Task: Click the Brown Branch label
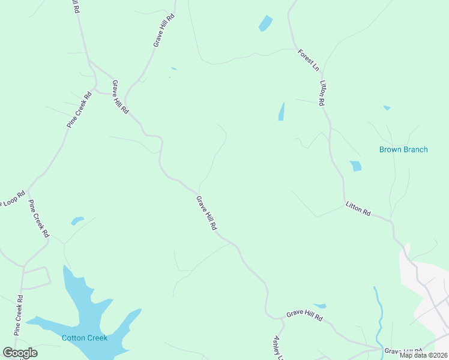point(403,149)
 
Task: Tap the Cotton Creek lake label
point(85,338)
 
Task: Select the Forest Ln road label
point(309,61)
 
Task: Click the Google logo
point(20,352)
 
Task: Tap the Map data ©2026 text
point(423,355)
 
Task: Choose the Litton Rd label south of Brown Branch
point(358,209)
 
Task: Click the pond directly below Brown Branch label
point(356,166)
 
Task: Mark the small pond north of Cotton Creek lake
point(77,220)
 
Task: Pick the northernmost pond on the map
point(265,23)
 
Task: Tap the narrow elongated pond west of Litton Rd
point(281,112)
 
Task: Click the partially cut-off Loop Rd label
point(12,197)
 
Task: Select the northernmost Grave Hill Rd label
point(163,31)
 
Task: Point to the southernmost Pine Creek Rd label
point(18,315)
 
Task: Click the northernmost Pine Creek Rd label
point(79,109)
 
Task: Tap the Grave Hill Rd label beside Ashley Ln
point(304,315)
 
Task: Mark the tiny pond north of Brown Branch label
point(387,108)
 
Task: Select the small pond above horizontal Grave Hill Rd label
point(319,306)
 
